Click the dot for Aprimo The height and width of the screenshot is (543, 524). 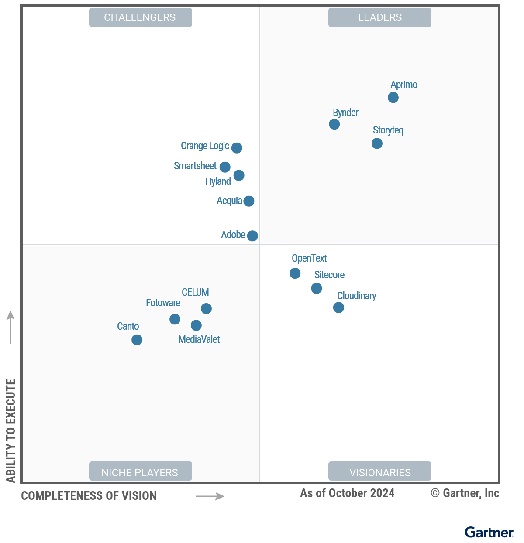click(393, 97)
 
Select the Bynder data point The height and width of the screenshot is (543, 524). click(334, 124)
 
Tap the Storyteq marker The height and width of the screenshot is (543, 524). click(377, 143)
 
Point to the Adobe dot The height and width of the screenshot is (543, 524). click(252, 236)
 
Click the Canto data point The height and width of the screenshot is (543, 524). click(137, 340)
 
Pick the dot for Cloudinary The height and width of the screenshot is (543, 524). click(338, 307)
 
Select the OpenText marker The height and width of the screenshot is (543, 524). click(295, 273)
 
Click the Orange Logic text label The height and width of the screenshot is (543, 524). click(205, 146)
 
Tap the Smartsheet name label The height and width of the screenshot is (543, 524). click(195, 166)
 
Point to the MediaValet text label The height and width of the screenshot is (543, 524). click(199, 339)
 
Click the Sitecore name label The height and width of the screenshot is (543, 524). click(329, 275)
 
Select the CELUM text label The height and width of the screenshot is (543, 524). click(195, 292)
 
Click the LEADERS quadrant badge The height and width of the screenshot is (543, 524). click(380, 17)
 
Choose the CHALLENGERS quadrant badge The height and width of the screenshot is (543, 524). click(140, 17)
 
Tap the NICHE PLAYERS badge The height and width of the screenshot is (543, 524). click(140, 472)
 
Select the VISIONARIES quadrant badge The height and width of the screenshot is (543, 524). click(380, 472)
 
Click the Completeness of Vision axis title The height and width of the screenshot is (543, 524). click(89, 496)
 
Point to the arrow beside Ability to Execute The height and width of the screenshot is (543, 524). click(10, 327)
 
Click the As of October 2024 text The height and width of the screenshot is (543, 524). click(347, 493)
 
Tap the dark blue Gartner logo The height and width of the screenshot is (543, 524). click(489, 533)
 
